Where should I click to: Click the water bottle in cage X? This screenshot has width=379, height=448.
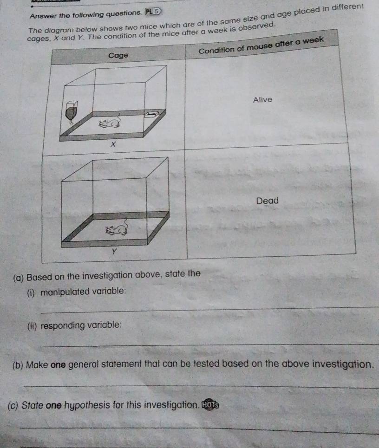[x=72, y=111]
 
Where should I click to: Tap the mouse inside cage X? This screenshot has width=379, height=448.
[x=109, y=123]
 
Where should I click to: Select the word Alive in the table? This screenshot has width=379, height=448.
[x=263, y=100]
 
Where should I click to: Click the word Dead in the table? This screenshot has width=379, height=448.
[x=267, y=201]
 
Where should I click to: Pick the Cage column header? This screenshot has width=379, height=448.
[x=118, y=56]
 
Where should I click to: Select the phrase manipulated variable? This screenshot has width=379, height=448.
[x=77, y=292]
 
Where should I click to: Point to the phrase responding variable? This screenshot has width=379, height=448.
[x=75, y=325]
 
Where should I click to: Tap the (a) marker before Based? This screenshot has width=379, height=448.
[x=19, y=278]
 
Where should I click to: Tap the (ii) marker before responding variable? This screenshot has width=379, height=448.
[x=32, y=325]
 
